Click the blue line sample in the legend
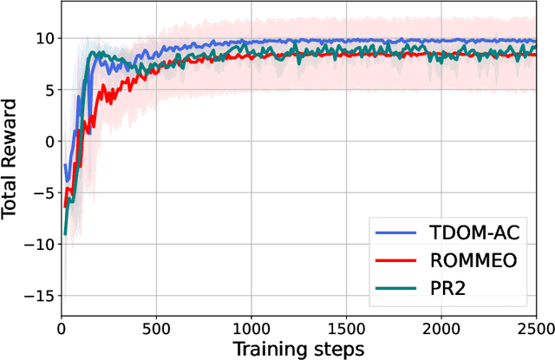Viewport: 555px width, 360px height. (x=397, y=233)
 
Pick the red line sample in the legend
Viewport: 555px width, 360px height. (x=397, y=261)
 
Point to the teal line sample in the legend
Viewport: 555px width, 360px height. (x=397, y=289)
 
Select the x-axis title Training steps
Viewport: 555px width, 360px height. (x=298, y=348)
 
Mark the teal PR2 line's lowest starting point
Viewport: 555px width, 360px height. (x=65, y=234)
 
